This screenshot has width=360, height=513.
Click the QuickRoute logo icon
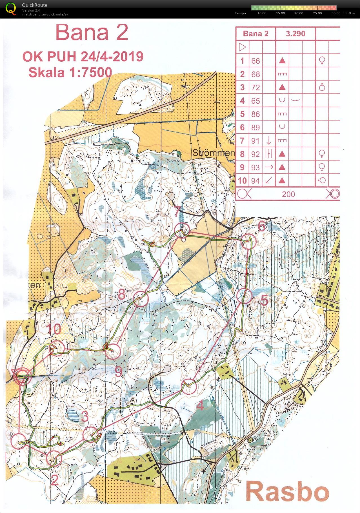click(x=11, y=8)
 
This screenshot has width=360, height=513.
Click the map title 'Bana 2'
click(x=92, y=32)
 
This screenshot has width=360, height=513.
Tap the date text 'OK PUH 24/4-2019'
click(x=83, y=57)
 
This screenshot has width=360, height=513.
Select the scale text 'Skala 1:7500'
click(x=70, y=72)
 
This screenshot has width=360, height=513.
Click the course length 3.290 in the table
click(x=295, y=34)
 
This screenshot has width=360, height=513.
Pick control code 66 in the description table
click(x=255, y=61)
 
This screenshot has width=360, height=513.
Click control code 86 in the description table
click(x=255, y=114)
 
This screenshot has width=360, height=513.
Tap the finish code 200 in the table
click(x=288, y=194)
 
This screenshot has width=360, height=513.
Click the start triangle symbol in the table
click(x=242, y=47)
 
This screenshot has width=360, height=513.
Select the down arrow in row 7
click(x=269, y=140)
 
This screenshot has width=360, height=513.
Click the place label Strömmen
click(x=213, y=153)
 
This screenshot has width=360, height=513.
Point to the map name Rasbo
click(x=287, y=491)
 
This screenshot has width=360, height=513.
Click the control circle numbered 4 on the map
click(x=189, y=387)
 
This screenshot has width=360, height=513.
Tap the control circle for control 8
click(x=141, y=299)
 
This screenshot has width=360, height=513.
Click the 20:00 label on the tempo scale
click(x=299, y=13)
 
